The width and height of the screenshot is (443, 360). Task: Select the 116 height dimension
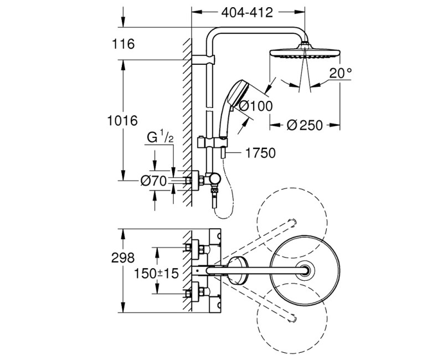pyautogui.click(x=123, y=44)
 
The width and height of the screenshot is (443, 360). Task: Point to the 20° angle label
pyautogui.click(x=339, y=73)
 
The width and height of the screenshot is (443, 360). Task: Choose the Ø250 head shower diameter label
pyautogui.click(x=304, y=125)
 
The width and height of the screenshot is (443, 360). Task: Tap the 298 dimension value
pyautogui.click(x=123, y=258)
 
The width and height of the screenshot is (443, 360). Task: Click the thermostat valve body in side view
pyautogui.click(x=211, y=181)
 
